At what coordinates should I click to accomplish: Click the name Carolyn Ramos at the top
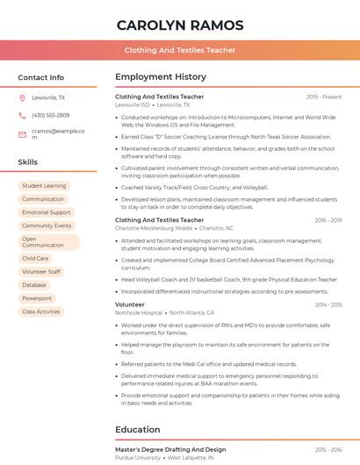179,25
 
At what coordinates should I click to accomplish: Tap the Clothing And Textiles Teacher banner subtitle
179,50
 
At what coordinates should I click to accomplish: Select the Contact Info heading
40,77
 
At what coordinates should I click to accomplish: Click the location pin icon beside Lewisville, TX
22,98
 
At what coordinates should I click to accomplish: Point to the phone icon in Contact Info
22,115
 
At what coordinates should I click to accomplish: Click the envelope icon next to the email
22,134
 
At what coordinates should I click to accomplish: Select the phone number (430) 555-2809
50,115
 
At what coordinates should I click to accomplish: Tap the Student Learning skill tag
44,186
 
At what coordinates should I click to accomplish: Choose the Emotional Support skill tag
47,212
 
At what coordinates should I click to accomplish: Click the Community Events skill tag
47,225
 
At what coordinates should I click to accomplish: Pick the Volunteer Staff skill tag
41,272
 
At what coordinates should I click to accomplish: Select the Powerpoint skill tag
37,298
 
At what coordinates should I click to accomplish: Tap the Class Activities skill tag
41,311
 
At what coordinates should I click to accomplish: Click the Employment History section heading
161,77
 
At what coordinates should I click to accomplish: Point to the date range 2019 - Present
324,97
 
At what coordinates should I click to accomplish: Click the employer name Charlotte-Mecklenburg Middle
154,227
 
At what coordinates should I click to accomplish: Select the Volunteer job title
130,304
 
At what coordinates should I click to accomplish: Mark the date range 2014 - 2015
328,304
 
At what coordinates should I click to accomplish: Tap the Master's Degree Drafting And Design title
170,449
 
